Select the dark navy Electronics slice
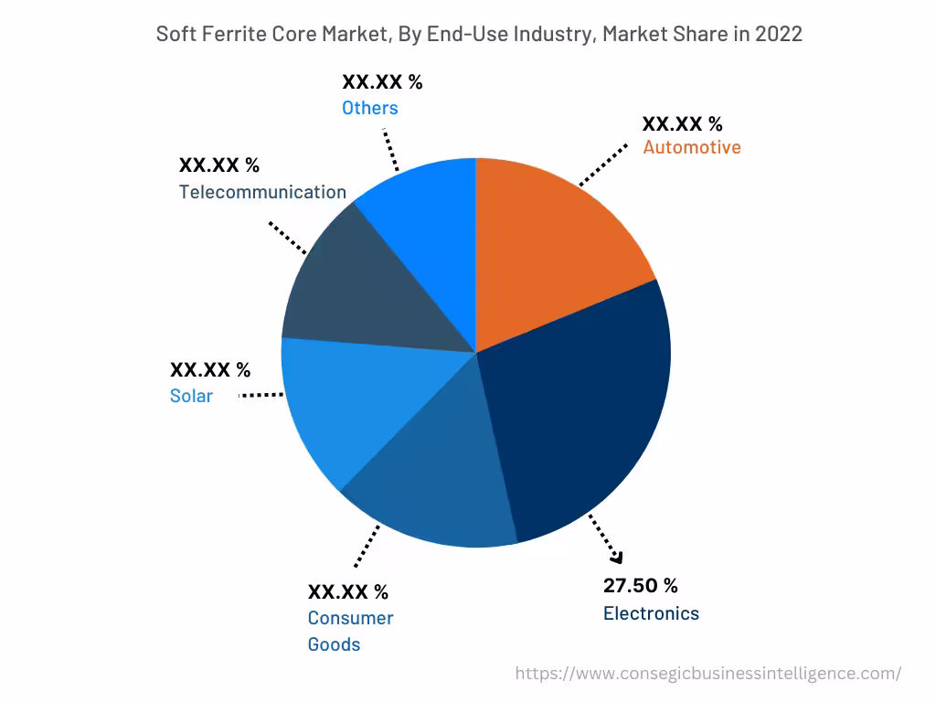pyautogui.click(x=585, y=411)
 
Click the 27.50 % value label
pyautogui.click(x=640, y=586)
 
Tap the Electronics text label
pyautogui.click(x=651, y=613)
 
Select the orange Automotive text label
pyautogui.click(x=692, y=147)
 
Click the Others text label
pyautogui.click(x=370, y=108)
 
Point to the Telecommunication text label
pyautogui.click(x=262, y=192)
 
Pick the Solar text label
pyautogui.click(x=191, y=396)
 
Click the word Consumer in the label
pyautogui.click(x=350, y=618)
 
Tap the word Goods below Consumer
pyautogui.click(x=334, y=644)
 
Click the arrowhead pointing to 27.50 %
pyautogui.click(x=616, y=558)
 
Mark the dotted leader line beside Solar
pyautogui.click(x=261, y=395)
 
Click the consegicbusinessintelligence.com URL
pyautogui.click(x=707, y=674)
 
